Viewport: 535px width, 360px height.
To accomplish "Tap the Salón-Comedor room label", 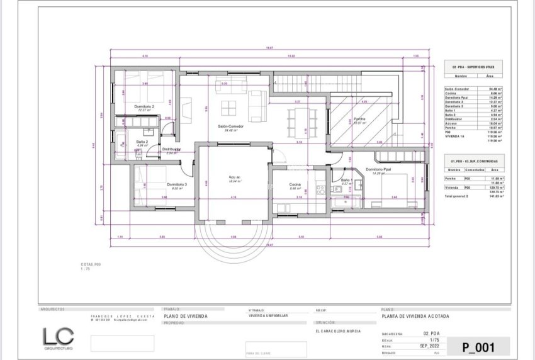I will pos(230,126).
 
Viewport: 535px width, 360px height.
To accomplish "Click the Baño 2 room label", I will pos(142,142).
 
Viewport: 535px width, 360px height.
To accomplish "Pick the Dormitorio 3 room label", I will pos(177,184).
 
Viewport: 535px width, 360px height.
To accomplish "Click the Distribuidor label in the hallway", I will pos(172,149).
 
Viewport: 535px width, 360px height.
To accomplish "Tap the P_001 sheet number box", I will pos(478,346).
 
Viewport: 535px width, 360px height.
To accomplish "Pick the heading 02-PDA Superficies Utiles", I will pos(468,65).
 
